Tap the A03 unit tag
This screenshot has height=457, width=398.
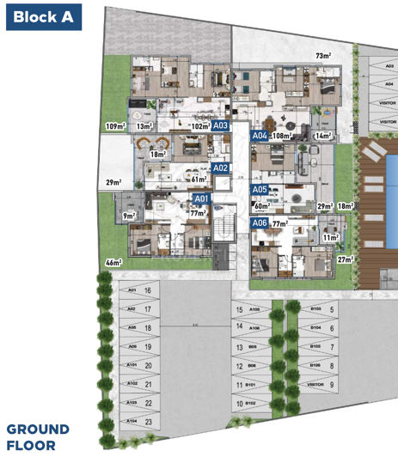click(x=221, y=125)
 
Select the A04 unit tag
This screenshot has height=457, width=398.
click(x=260, y=136)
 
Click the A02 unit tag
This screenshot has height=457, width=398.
click(x=219, y=168)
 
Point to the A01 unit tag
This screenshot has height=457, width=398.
click(x=202, y=198)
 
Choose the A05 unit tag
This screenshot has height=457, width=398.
click(x=260, y=190)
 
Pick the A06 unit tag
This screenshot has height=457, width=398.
click(x=260, y=222)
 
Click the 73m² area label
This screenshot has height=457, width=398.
click(x=323, y=57)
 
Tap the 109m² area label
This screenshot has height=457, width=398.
click(x=114, y=126)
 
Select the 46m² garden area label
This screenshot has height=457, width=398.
click(x=113, y=262)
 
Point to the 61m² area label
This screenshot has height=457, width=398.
click(x=199, y=180)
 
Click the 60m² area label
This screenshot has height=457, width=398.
click(x=261, y=207)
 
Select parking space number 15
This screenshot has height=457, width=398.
click(x=239, y=309)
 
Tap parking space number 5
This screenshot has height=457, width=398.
click(x=332, y=308)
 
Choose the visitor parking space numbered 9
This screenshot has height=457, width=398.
click(x=332, y=385)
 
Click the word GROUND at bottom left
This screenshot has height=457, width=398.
click(x=38, y=429)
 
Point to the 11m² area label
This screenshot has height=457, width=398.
click(x=330, y=236)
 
